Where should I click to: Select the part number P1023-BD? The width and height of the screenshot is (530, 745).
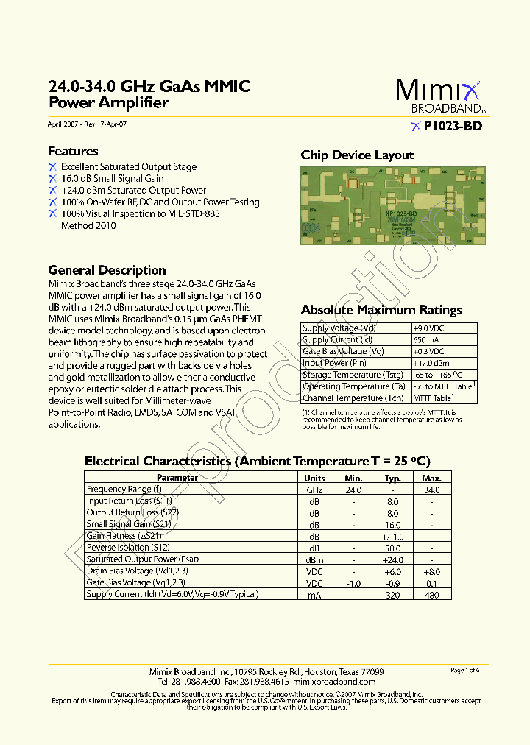click(x=453, y=126)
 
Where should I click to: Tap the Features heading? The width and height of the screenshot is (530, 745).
click(x=73, y=151)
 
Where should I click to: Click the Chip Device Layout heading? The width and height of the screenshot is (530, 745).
click(x=357, y=155)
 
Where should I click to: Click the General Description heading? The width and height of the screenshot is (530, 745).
click(x=107, y=270)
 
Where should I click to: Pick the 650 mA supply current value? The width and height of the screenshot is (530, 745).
click(x=425, y=340)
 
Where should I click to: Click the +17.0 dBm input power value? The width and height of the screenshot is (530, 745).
click(x=431, y=363)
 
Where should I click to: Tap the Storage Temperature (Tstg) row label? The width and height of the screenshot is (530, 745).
click(x=353, y=375)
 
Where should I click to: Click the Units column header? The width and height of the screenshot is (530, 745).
click(x=314, y=478)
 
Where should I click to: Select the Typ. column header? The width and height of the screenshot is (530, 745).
click(x=392, y=478)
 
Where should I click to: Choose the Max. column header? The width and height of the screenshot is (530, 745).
click(x=431, y=478)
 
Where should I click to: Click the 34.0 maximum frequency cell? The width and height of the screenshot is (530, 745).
click(x=431, y=490)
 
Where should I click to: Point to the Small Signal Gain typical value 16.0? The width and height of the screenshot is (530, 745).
click(x=392, y=525)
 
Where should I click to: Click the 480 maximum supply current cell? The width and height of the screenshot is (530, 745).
click(x=431, y=595)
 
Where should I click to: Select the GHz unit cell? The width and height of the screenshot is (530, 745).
click(x=314, y=490)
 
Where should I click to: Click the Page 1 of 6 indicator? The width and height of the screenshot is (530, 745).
click(x=464, y=670)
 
